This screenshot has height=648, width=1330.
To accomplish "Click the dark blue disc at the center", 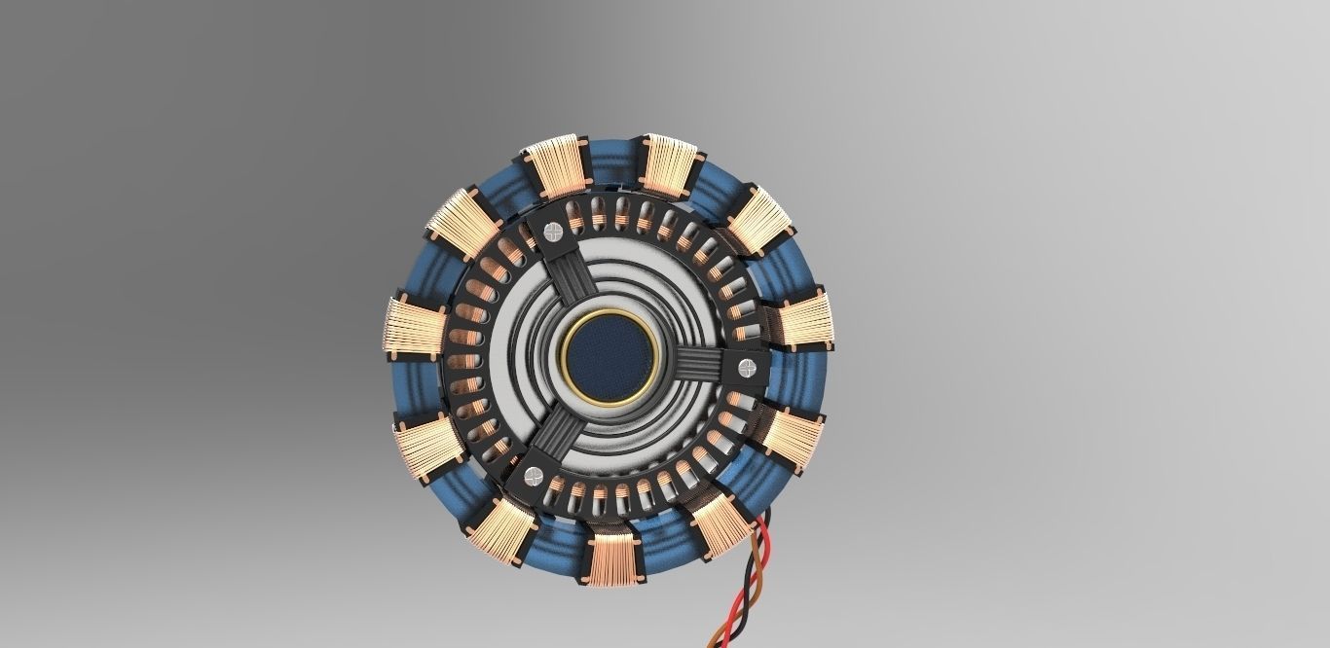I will pyautogui.click(x=609, y=356).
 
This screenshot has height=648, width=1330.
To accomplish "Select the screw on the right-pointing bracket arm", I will pyautogui.click(x=747, y=367).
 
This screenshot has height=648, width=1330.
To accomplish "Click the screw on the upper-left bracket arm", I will pyautogui.click(x=552, y=232).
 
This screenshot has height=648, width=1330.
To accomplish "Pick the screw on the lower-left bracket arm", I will pyautogui.click(x=532, y=476).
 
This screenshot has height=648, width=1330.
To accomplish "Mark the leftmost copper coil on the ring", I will pyautogui.click(x=414, y=328).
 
